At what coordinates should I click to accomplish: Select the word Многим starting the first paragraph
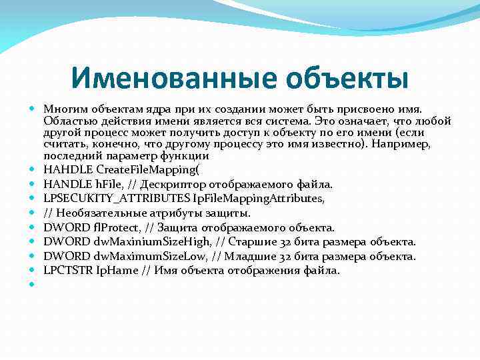click(x=62, y=109)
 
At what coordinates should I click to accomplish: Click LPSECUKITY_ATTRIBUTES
click(x=117, y=199)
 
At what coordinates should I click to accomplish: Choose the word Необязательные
click(x=104, y=213)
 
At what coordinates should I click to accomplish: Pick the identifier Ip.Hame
click(x=111, y=271)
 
